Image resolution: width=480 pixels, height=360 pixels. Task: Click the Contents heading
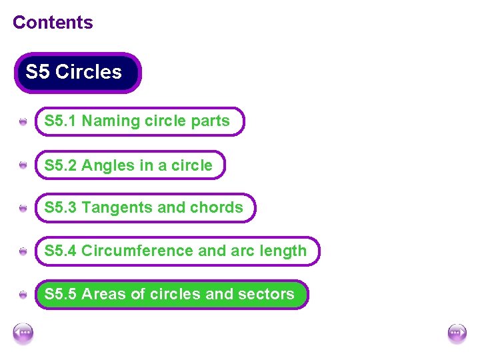[x=53, y=22]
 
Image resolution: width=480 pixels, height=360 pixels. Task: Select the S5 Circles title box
[x=77, y=72]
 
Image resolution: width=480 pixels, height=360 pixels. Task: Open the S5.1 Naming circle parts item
[x=139, y=121]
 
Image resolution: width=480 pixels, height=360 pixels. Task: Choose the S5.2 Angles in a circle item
[x=130, y=165]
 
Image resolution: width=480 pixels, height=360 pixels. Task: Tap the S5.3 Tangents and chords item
[x=145, y=208]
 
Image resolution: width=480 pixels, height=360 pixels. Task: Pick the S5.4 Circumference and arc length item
[x=177, y=251]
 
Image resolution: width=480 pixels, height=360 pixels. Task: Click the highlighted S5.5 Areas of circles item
[x=171, y=294]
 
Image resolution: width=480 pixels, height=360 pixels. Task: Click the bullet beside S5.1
[x=23, y=122]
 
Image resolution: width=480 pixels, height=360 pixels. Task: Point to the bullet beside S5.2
[x=23, y=165]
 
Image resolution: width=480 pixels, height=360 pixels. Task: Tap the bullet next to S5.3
[x=23, y=209]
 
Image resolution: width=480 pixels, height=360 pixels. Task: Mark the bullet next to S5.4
[x=23, y=251]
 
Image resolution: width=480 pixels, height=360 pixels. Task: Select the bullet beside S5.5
[x=23, y=295]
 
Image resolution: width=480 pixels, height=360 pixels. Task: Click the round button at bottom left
[x=23, y=333]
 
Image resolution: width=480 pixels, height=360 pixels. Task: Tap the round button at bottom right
[x=457, y=333]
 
